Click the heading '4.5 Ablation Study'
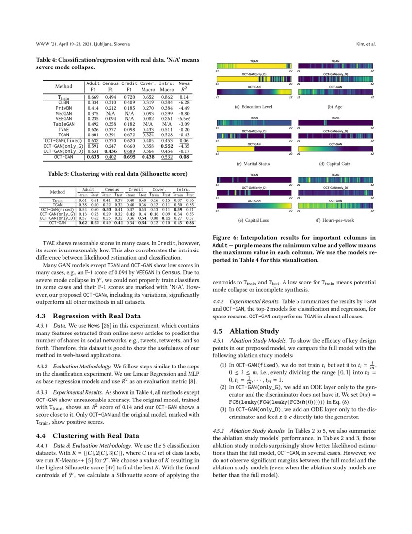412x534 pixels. tap(244, 332)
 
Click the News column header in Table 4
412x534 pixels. tap(184, 84)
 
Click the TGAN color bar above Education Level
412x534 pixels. tap(254, 67)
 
